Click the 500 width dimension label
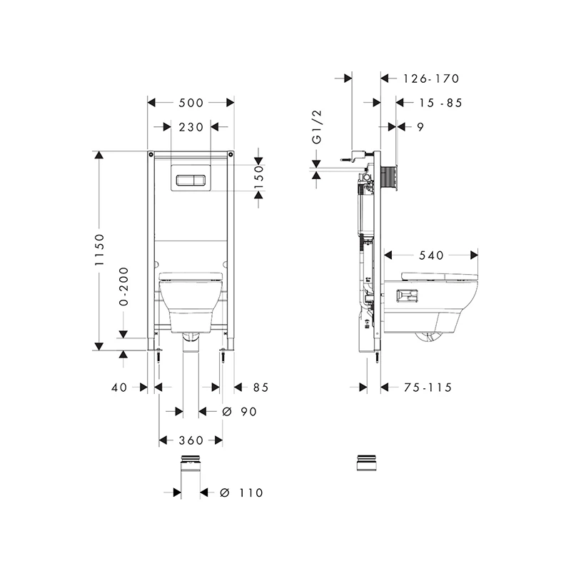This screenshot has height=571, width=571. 191,103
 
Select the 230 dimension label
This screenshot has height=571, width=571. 191,127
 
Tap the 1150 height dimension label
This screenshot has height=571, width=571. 99,250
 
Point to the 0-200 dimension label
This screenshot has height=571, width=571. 123,286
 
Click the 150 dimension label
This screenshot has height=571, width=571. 258,176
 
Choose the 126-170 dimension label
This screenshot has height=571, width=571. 431,79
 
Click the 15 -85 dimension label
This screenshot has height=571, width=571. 440,103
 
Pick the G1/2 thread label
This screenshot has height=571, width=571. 317,127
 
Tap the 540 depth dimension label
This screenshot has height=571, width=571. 431,256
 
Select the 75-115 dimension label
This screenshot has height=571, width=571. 428,388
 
